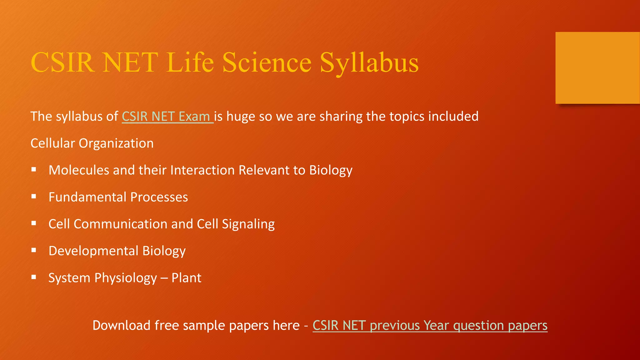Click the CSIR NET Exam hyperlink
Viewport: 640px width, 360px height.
167,117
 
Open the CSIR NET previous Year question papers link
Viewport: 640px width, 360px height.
430,326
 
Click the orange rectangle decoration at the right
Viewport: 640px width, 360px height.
597,68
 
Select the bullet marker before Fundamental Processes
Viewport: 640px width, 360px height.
34,197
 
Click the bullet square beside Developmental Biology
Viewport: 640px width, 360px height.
34,250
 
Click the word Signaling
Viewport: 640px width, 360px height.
248,224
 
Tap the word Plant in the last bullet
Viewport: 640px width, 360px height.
186,278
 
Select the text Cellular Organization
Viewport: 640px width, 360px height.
92,143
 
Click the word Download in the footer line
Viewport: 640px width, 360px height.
122,326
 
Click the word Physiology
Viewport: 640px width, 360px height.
126,278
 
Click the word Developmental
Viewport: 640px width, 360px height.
93,251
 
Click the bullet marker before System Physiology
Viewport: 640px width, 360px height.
34,277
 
